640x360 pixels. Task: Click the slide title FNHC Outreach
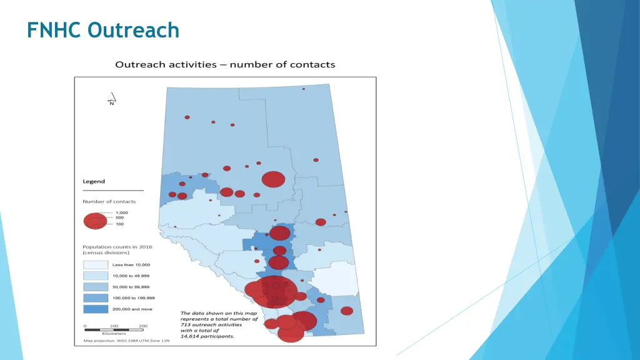[x=103, y=29]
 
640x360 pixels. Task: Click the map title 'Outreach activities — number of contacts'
[x=225, y=64]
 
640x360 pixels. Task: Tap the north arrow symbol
[x=112, y=99]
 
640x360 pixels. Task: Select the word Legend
[x=94, y=182]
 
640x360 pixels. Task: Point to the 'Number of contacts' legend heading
[x=109, y=201]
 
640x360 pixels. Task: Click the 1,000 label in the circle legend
[x=121, y=212]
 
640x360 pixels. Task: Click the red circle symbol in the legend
[x=96, y=221]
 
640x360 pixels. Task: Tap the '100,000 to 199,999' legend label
[x=132, y=298]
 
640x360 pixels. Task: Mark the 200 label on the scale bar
[x=143, y=326]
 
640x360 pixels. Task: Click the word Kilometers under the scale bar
[x=114, y=334]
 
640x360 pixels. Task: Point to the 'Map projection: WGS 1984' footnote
[x=122, y=341]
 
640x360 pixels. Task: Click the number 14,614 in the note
[x=191, y=336]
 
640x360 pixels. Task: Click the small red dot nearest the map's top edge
[x=304, y=89]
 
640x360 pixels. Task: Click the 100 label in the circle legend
[x=119, y=224]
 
